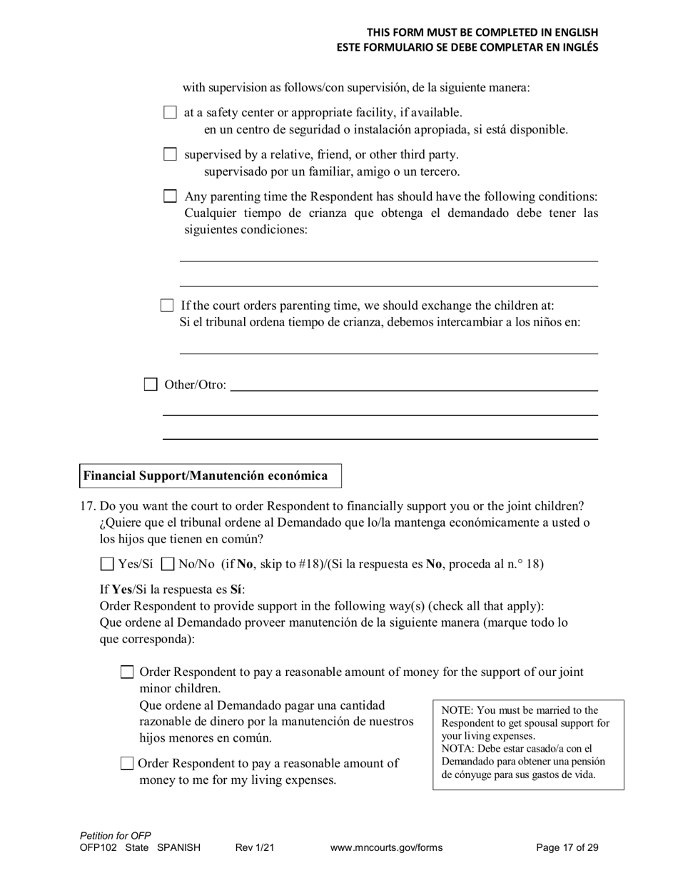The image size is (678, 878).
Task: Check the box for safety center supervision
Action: coord(170,112)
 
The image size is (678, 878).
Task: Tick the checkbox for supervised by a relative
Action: coord(170,154)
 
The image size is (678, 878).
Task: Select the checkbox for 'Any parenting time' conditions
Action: coord(170,196)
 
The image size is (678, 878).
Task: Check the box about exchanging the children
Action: coord(167,306)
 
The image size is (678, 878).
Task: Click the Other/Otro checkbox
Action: coord(151,385)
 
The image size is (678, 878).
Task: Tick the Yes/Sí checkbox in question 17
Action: coord(107,564)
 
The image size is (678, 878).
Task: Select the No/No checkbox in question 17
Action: coord(168,564)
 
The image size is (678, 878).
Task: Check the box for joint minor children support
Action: coord(127,672)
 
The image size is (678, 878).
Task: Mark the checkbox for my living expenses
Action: coord(127,763)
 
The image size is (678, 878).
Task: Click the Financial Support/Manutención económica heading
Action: coord(206,476)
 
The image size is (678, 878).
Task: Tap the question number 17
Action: coord(87,506)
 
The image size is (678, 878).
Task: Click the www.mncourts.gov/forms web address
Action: coord(386,848)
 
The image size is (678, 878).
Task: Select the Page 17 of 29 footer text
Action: coord(567,848)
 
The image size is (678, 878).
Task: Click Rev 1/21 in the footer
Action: coord(255,848)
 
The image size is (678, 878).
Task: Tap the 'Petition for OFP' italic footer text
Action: coord(116,836)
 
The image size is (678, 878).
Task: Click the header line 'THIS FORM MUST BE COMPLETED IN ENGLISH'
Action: coord(482,32)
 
